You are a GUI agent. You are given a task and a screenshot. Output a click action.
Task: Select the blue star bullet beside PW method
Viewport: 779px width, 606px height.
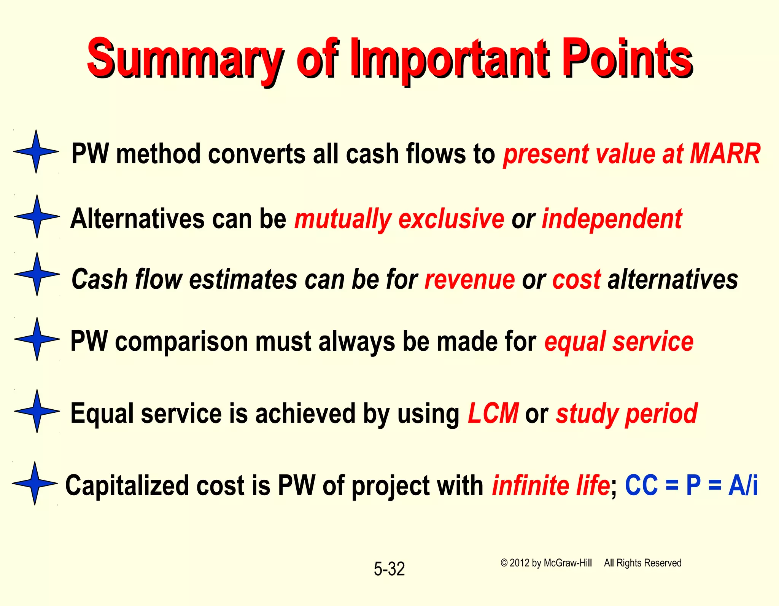[x=36, y=151]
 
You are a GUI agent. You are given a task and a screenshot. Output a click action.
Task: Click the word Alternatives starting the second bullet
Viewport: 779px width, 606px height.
[x=137, y=219]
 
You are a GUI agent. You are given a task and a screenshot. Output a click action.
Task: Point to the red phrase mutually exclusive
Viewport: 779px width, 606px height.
[x=399, y=219]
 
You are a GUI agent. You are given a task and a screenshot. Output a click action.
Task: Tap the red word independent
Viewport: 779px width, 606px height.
[x=612, y=219]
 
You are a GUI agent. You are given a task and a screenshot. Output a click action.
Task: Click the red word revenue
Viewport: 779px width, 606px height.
[x=469, y=280]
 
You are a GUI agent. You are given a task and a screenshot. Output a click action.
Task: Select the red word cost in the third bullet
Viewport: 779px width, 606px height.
[x=576, y=280]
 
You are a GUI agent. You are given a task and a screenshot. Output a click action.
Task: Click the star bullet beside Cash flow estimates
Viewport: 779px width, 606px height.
[x=37, y=274]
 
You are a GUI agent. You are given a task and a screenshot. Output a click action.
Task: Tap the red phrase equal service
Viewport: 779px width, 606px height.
[x=618, y=341]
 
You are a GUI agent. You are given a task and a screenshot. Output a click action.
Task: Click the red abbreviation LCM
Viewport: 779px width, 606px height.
[x=493, y=414]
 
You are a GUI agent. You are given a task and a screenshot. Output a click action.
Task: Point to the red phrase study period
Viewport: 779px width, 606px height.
[x=626, y=414]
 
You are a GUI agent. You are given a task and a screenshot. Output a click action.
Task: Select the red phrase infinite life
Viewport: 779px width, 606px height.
[x=551, y=486]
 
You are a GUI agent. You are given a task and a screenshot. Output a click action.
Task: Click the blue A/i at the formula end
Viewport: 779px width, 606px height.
[x=743, y=486]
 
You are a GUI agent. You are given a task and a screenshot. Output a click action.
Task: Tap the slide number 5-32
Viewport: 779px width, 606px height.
[x=389, y=569]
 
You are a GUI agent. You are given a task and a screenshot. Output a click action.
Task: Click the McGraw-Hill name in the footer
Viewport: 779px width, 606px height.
[x=568, y=563]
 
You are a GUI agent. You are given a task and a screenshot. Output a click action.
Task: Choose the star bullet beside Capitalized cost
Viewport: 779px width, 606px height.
[x=35, y=484]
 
